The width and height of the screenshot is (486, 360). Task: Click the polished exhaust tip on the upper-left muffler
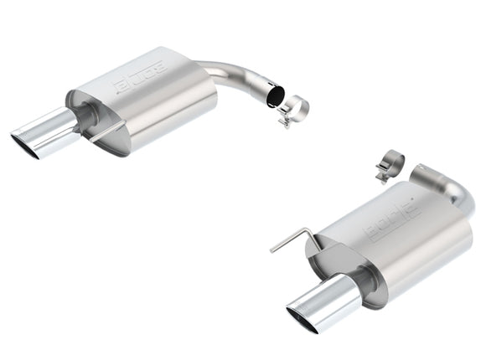[46, 130]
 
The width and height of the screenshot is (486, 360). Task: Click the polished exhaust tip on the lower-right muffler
[322, 301]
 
